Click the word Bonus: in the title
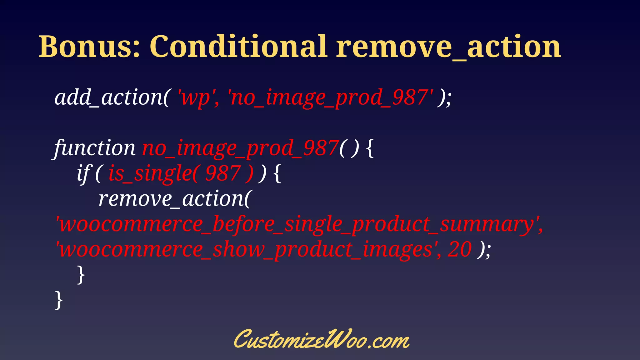[89, 47]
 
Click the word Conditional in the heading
[239, 47]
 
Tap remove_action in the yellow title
[448, 47]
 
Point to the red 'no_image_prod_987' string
[331, 97]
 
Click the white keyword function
[95, 148]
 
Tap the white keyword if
[83, 173]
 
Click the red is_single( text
[152, 173]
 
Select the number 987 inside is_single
[223, 173]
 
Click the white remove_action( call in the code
[174, 199]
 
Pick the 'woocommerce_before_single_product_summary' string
[299, 224]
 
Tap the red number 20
[459, 250]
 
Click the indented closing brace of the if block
[81, 275]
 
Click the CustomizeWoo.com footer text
[321, 340]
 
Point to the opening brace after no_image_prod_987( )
[369, 148]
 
